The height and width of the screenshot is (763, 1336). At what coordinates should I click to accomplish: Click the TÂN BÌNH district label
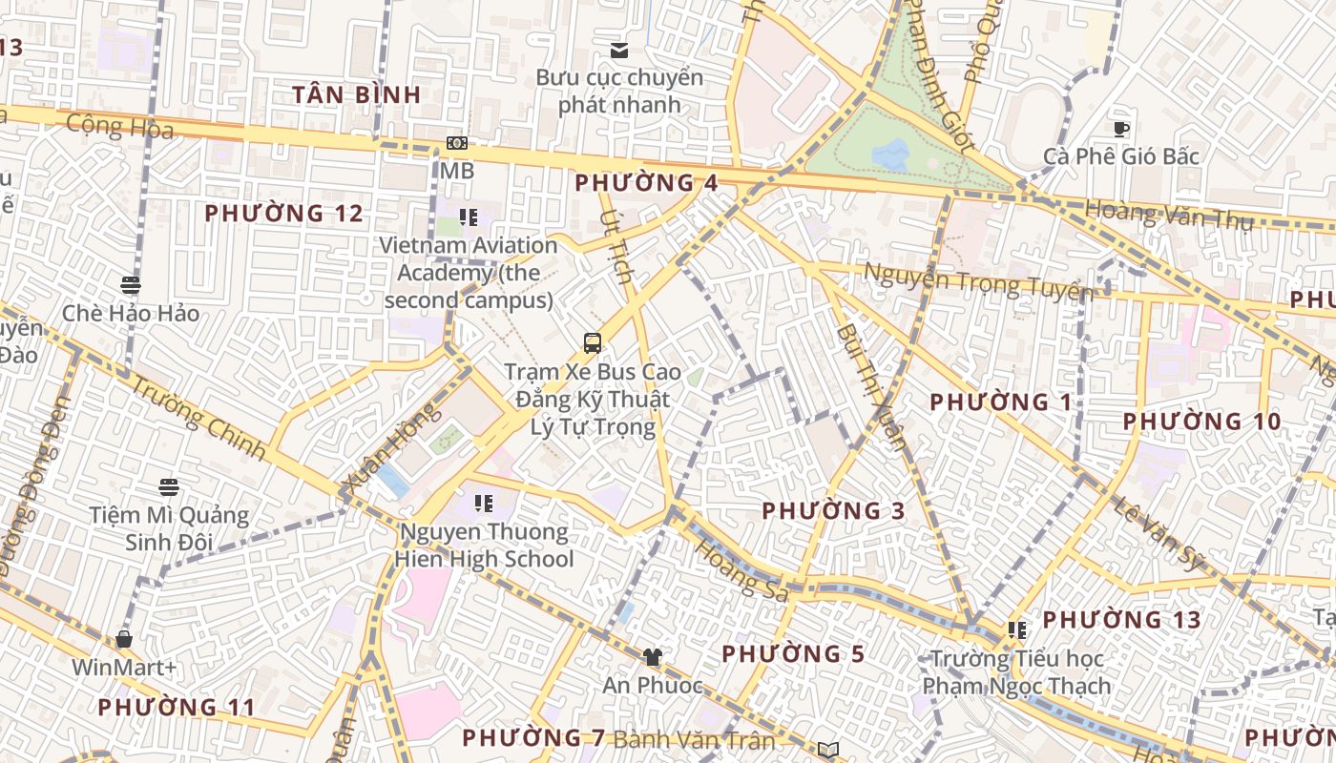pos(356,94)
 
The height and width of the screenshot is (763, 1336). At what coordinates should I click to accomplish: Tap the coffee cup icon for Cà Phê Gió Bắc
pos(1121,129)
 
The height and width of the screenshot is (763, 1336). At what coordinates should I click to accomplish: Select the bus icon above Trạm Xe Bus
pos(593,342)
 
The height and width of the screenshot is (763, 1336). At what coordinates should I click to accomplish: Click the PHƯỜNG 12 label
pos(284,214)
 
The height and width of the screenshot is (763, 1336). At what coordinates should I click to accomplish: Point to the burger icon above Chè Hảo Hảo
pos(131,284)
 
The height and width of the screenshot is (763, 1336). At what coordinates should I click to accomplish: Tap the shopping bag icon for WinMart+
pos(124,639)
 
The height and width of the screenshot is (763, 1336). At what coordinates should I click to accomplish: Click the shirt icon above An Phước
pos(652,656)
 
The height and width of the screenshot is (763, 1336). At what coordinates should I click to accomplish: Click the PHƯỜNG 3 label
pos(833,511)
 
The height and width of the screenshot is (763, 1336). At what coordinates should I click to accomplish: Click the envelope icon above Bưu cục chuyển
pos(619,50)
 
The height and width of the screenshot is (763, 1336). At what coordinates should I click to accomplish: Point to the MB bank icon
pos(457,143)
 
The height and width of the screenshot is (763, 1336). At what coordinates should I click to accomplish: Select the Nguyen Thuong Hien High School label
pos(484,546)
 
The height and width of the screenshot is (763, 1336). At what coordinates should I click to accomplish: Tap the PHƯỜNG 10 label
pos(1201,422)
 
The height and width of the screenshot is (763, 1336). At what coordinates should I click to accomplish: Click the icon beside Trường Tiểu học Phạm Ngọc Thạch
pos(1017,630)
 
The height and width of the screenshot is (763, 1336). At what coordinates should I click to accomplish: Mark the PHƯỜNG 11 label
pos(177,708)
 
